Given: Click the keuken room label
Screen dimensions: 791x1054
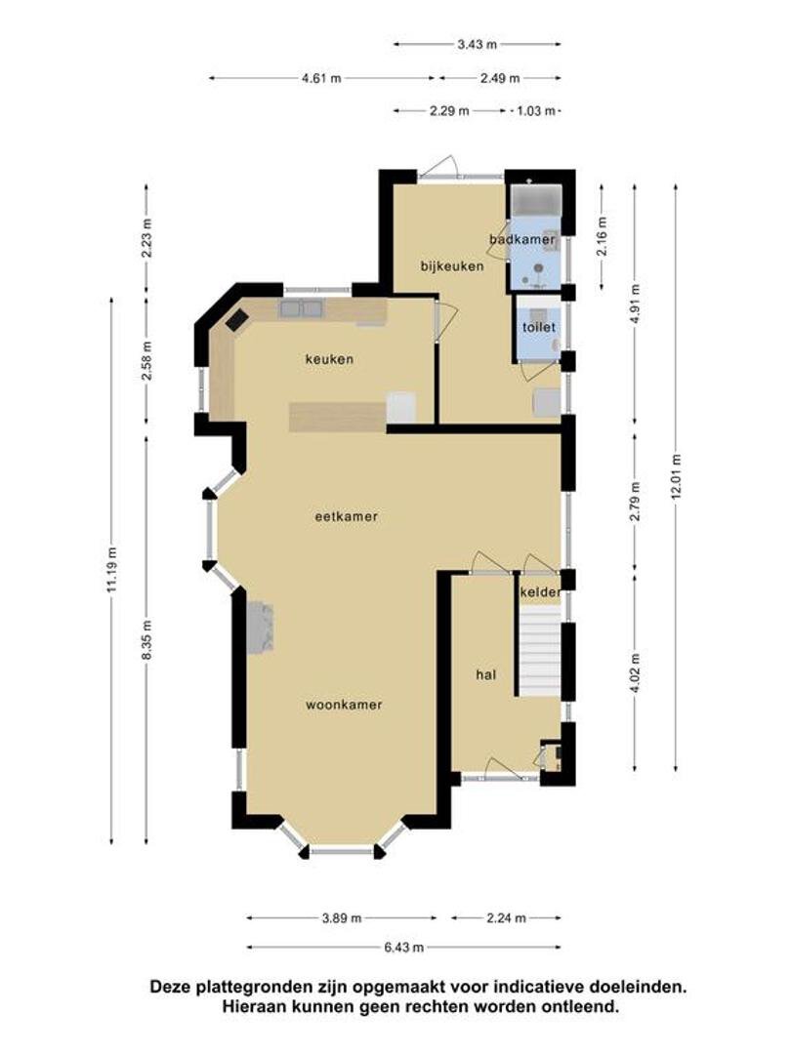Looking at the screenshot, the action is [329, 359].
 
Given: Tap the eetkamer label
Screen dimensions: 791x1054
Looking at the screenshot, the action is [347, 517].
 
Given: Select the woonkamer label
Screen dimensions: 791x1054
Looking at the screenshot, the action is [344, 706].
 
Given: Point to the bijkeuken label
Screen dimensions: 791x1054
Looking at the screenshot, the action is [452, 266].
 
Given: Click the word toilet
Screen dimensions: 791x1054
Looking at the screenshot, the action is [539, 327].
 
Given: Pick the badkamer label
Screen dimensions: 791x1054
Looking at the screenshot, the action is [522, 239].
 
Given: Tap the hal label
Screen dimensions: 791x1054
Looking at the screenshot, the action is [485, 674].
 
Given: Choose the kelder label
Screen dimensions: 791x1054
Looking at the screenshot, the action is [540, 592].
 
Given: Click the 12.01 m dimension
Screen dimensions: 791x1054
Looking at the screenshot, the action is [676, 476].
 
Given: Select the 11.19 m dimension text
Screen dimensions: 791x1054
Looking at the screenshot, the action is [111, 569].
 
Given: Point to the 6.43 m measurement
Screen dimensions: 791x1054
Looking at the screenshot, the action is [403, 947].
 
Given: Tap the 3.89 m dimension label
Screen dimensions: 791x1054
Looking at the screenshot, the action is [342, 917].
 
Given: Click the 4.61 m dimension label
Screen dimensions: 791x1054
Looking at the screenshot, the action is [321, 78].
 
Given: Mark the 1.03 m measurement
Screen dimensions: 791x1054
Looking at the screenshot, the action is [536, 111].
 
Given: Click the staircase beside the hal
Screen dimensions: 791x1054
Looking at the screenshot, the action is [539, 651].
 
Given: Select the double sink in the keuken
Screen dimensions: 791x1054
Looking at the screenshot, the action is [300, 309].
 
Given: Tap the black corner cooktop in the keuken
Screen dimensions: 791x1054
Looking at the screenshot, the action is [236, 319].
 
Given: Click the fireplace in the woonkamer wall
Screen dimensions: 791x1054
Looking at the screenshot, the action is [261, 628].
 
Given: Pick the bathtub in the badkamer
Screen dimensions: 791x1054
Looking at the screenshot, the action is [536, 199].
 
